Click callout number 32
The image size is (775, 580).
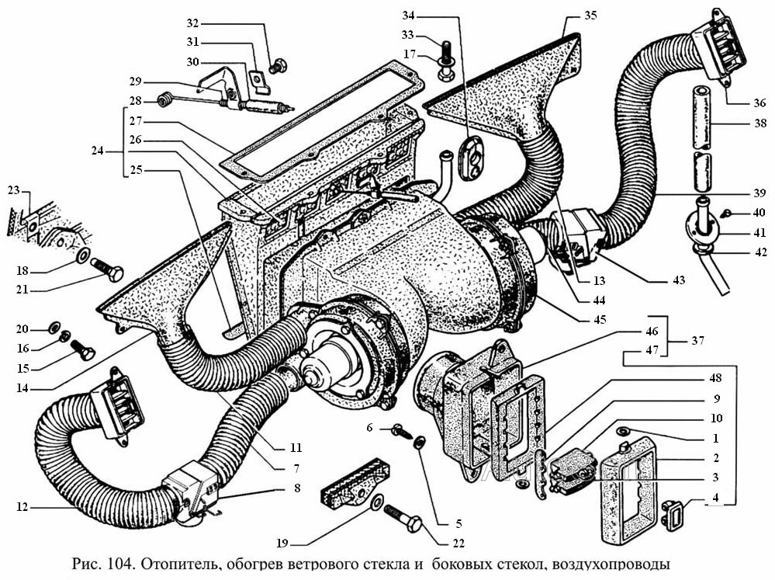192,23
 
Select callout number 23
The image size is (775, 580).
13,190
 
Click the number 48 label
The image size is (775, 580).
715,378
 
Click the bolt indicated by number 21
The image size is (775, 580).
109,273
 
